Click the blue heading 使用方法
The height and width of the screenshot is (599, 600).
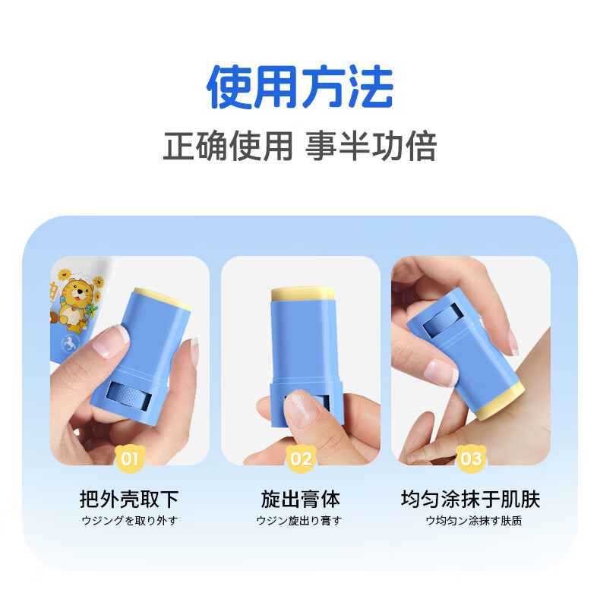pos(300,87)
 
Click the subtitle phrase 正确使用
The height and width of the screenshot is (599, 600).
pos(228,146)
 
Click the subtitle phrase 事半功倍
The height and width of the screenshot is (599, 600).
pos(371,146)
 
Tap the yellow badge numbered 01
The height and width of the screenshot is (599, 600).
pos(130,459)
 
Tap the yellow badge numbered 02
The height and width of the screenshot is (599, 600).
pos(301,459)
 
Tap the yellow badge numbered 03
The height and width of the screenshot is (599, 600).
pos(471,459)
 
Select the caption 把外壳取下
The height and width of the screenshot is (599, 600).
pos(129,499)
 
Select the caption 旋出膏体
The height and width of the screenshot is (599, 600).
pos(301,499)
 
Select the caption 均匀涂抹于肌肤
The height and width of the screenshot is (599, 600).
pos(471,499)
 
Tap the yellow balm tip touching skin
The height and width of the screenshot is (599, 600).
pos(499,400)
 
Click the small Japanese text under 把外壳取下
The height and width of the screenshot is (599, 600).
pos(130,521)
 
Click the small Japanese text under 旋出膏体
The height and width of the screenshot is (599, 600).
pos(298,521)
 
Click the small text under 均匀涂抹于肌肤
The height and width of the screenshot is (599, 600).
pos(474,521)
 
